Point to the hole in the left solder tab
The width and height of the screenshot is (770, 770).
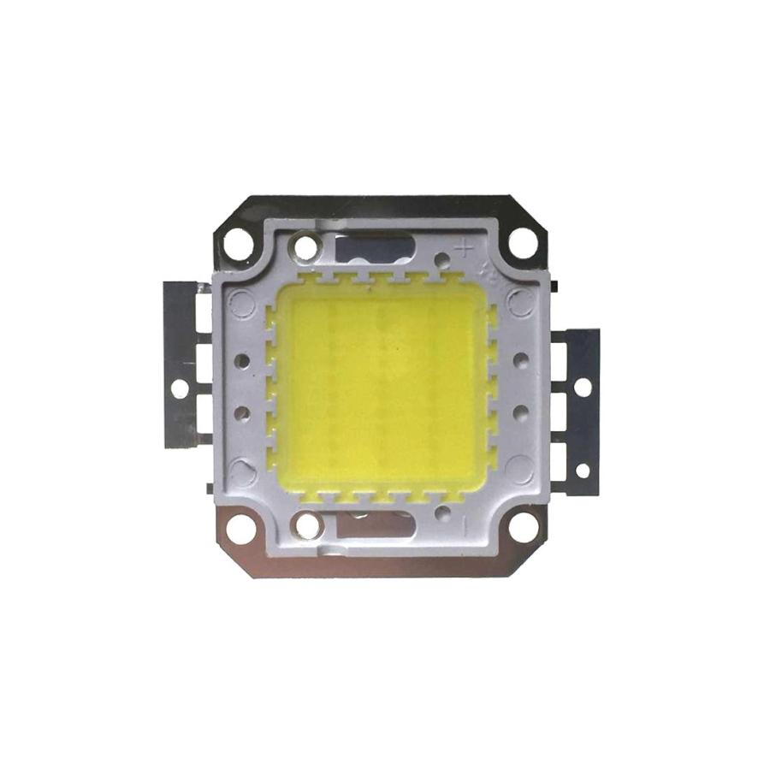pyautogui.click(x=178, y=388)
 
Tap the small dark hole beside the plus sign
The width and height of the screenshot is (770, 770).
pyautogui.click(x=442, y=258)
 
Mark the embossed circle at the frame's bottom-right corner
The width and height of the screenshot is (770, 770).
pyautogui.click(x=519, y=468)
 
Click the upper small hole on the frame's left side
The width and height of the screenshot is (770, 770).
pyautogui.click(x=242, y=359)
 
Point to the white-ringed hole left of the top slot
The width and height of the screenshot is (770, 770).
pyautogui.click(x=305, y=249)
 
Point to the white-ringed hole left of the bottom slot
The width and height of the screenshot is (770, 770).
pyautogui.click(x=305, y=523)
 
